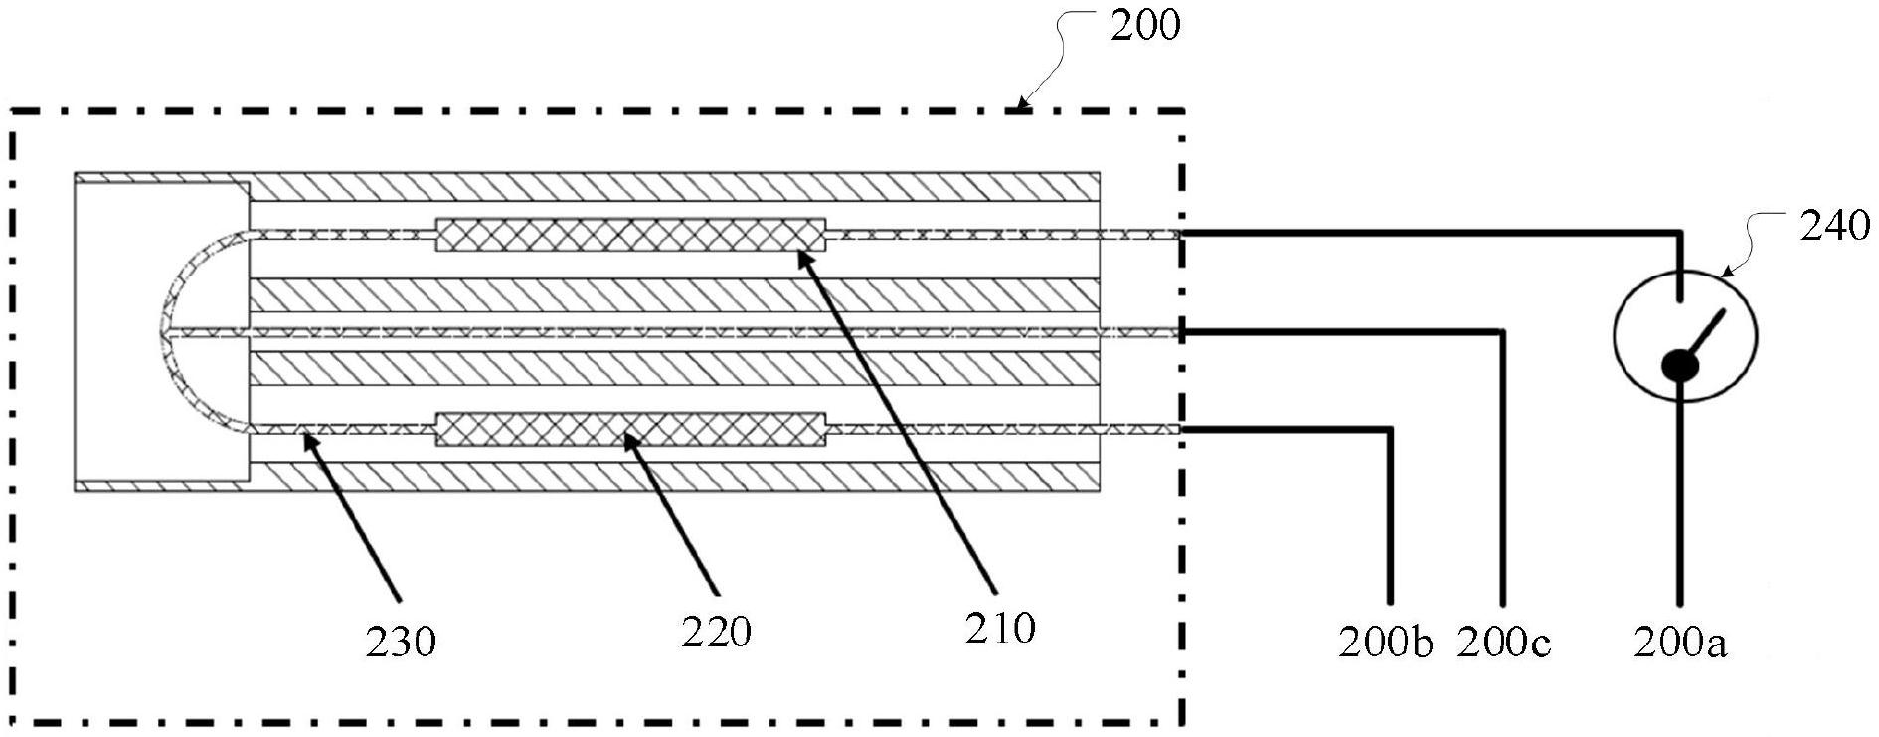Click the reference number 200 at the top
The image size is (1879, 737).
[1145, 24]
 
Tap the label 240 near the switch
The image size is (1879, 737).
[1834, 227]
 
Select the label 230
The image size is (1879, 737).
[401, 642]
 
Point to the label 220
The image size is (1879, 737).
[716, 631]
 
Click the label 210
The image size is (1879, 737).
[1000, 628]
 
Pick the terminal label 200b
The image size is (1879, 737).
[1386, 644]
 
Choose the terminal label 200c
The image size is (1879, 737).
[1504, 644]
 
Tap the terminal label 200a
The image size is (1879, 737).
[1680, 644]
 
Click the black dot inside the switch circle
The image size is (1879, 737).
[1681, 366]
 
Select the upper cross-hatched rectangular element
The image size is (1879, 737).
[631, 235]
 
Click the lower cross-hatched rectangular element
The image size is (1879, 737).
[631, 429]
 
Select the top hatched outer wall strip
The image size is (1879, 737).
[673, 186]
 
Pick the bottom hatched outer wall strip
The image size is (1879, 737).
[673, 478]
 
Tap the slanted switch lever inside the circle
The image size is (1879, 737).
[1704, 339]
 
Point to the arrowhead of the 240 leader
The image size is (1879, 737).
[1724, 273]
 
